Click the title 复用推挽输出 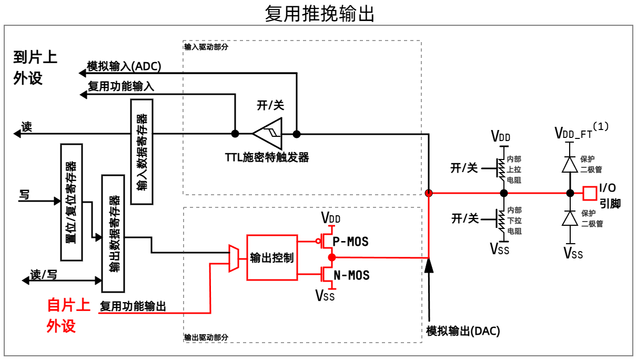tap(319, 13)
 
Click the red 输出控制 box tap(272, 257)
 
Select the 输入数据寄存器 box tap(141, 151)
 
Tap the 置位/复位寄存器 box tap(72, 202)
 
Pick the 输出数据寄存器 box tap(113, 234)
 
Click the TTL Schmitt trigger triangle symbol tap(267, 134)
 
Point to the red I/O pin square tap(590, 193)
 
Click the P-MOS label tap(351, 242)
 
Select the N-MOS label tap(351, 275)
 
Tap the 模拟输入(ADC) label tap(124, 67)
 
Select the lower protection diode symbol tap(569, 218)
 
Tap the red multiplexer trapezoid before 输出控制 tap(232, 258)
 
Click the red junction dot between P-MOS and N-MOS tap(331, 257)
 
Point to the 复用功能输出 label tap(133, 306)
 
